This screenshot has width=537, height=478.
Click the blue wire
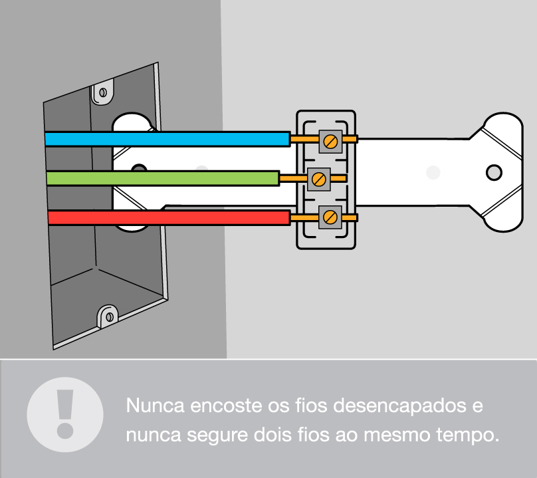pos(166,138)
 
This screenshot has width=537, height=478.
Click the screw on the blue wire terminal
pos(330,140)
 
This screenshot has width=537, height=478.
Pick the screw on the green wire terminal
pos(320,178)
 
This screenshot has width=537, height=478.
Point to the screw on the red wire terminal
pos(330,217)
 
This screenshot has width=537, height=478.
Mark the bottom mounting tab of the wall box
pos(106,315)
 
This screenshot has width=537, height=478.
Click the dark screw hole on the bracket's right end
pos(494,173)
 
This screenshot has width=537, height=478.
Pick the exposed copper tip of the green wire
pos(293,178)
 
